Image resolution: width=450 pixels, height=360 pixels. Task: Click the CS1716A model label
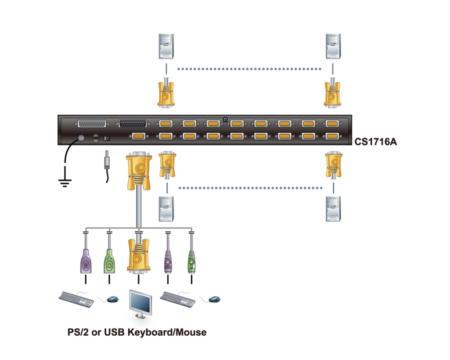tap(376, 142)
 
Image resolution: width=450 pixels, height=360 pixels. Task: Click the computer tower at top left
tap(166, 46)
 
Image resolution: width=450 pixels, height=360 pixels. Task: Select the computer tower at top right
tap(333, 46)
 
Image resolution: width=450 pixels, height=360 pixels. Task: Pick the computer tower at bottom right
tap(333, 209)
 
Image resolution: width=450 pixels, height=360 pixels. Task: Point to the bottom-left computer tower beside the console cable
tap(166, 209)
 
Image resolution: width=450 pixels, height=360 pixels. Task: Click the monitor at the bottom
tap(140, 304)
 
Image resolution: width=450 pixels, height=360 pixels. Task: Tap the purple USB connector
tap(85, 261)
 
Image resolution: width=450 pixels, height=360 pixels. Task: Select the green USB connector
tap(109, 261)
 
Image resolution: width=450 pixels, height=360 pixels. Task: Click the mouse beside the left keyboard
tap(113, 299)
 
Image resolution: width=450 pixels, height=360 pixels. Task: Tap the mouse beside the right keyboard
tap(214, 299)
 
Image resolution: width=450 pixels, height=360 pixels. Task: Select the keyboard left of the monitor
tap(76, 299)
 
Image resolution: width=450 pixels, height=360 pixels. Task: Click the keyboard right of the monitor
tap(178, 299)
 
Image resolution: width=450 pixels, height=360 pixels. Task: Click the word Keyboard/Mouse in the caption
tap(167, 333)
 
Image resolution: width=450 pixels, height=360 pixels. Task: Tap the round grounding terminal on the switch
tap(81, 138)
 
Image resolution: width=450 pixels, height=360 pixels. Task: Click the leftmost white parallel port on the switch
tap(92, 124)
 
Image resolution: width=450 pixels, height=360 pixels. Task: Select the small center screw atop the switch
tap(225, 119)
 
